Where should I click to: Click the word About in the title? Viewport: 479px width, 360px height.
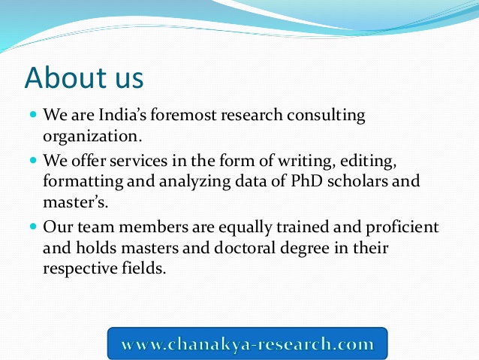65,77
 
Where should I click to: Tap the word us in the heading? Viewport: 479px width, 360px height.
130,80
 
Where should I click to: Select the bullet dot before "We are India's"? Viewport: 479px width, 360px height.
33,115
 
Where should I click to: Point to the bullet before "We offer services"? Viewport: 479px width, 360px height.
33,160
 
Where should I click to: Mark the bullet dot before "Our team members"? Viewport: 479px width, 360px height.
33,227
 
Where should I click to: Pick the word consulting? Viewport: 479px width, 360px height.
326,116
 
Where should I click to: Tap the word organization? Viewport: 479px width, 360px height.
92,137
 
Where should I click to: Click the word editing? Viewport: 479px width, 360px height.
369,161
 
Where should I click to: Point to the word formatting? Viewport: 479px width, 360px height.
83,182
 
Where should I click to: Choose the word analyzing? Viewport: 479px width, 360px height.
194,182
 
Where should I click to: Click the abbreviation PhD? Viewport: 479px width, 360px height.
306,180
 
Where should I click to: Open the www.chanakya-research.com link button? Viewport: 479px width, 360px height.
248,343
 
